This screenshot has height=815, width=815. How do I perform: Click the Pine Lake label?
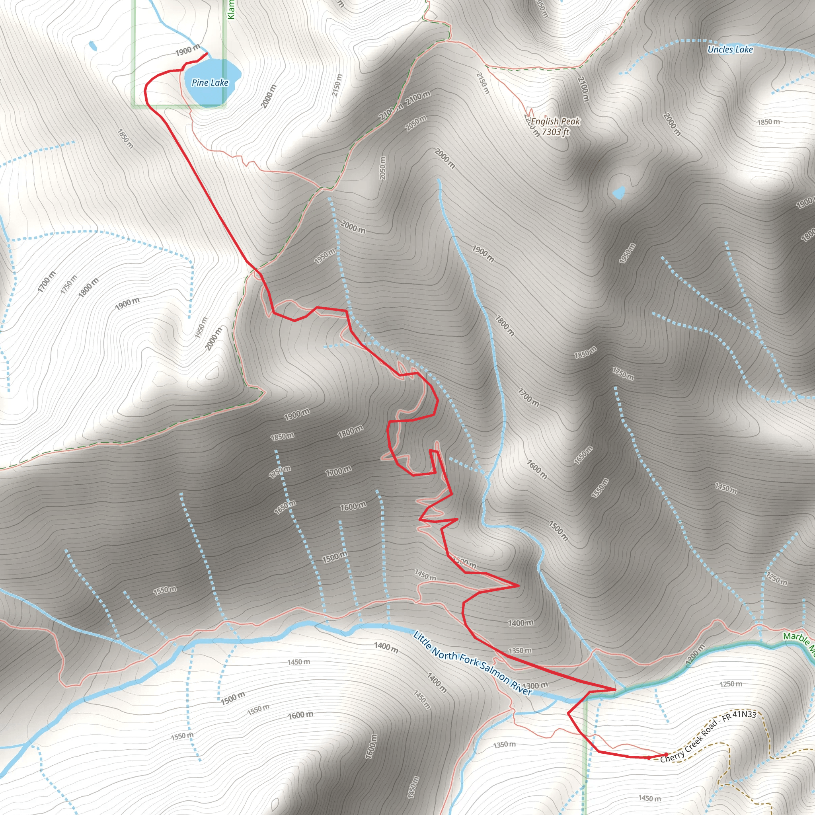[210, 83]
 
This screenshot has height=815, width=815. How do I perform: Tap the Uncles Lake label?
[730, 49]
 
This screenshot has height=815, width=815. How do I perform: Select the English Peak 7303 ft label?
[555, 126]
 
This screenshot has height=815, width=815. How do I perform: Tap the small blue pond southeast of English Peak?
[619, 192]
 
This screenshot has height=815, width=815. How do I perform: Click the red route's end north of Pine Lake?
[206, 54]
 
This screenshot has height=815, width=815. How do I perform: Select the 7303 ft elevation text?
[555, 132]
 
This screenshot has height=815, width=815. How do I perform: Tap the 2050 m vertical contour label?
[382, 168]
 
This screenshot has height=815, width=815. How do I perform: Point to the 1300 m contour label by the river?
[535, 685]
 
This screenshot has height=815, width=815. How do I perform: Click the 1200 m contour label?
[695, 655]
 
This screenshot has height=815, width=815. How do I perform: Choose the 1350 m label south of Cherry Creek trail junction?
[505, 745]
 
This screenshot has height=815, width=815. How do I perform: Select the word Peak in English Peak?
[571, 121]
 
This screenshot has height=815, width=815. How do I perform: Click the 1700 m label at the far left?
[47, 281]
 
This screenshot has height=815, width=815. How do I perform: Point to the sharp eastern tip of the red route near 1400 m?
[519, 585]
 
